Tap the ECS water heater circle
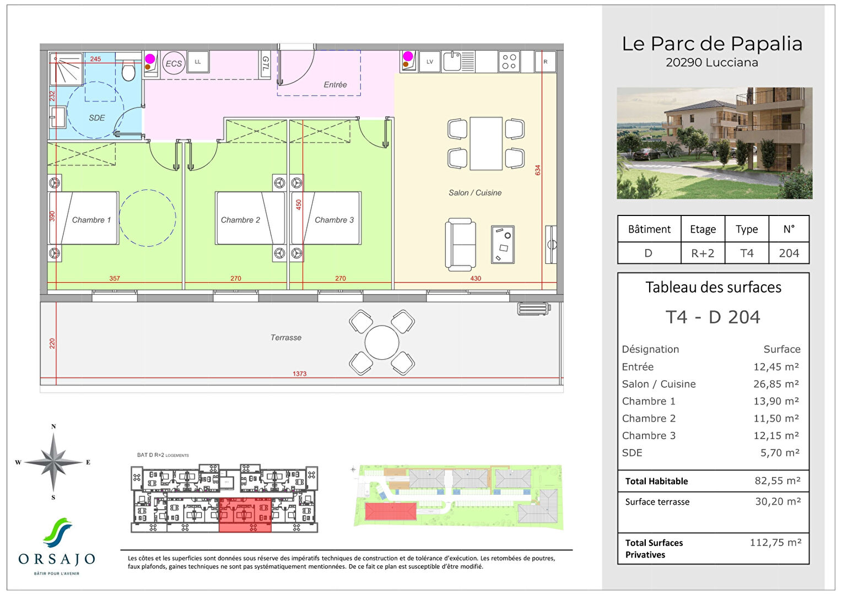click(173, 63)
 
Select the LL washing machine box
click(198, 62)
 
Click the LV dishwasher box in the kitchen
click(430, 62)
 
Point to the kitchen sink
click(452, 62)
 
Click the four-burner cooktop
click(509, 62)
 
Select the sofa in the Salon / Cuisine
click(461, 245)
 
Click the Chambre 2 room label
click(240, 220)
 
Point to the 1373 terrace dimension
click(299, 374)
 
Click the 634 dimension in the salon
click(538, 170)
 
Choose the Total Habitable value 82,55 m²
click(777, 481)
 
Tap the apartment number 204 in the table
click(789, 253)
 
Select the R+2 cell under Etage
click(703, 253)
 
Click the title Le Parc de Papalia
click(712, 44)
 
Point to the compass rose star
click(53, 462)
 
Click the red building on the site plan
click(390, 511)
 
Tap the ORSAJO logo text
click(57, 559)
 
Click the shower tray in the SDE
click(66, 69)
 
